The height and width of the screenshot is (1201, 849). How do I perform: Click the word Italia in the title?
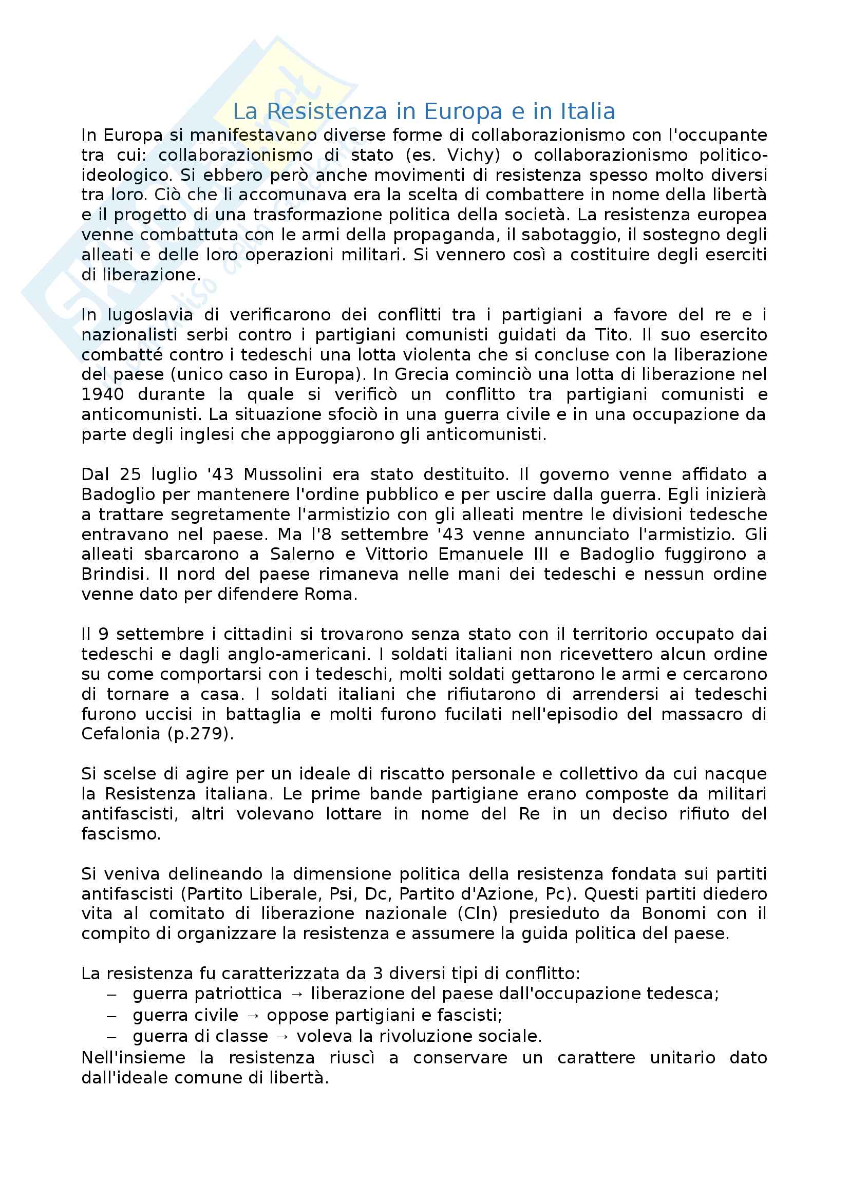click(588, 111)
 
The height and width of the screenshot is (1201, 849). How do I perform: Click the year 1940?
click(103, 394)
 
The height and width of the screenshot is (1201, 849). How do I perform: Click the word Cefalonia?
click(120, 734)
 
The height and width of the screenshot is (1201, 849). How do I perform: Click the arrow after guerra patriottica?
click(296, 994)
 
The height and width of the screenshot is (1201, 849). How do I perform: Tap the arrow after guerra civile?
click(253, 1015)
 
